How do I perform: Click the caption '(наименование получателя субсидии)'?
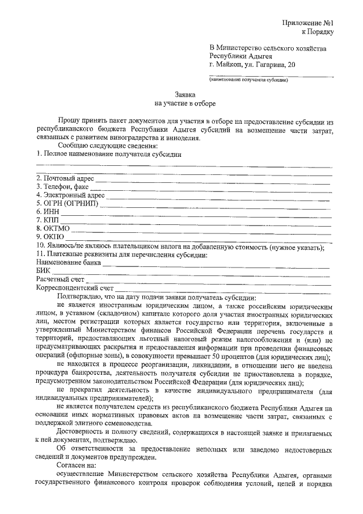[x=248, y=80]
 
